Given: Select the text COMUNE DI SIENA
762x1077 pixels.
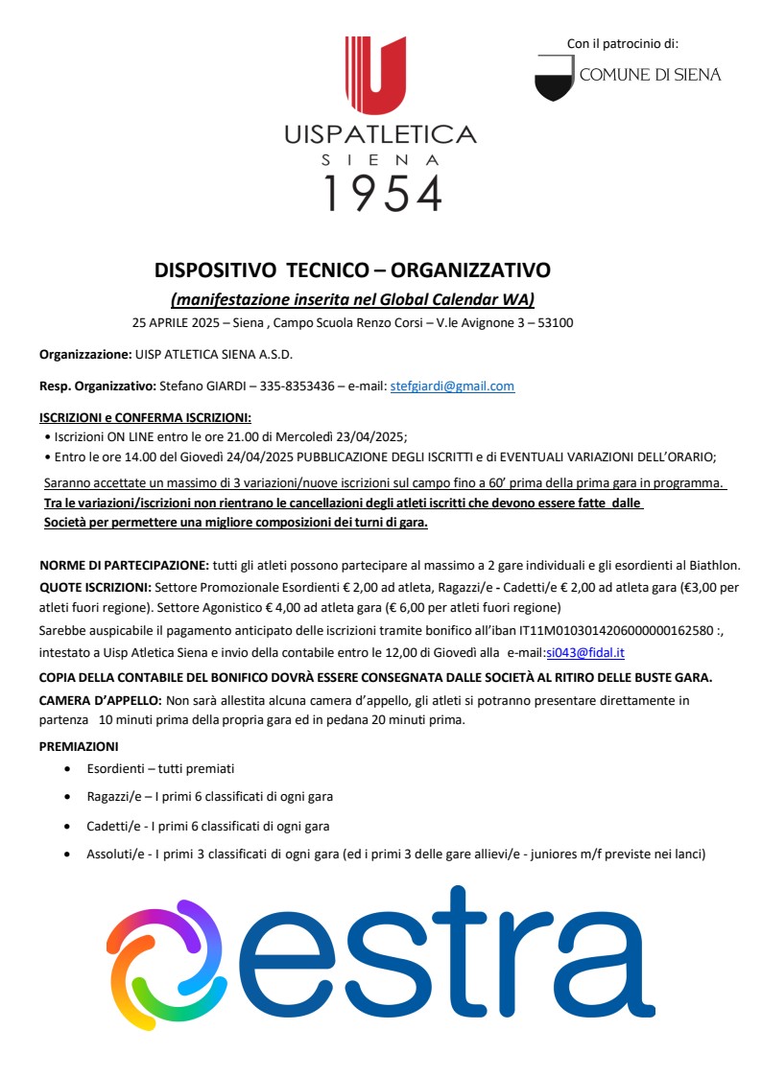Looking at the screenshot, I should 650,75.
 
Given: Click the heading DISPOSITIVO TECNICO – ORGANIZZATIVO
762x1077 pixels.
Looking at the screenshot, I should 353,269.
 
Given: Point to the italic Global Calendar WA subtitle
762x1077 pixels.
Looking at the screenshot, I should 352,298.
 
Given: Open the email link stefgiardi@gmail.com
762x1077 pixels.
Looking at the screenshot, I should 452,386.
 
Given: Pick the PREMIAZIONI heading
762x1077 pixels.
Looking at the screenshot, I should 79,745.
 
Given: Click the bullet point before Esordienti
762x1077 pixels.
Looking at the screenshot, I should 66,769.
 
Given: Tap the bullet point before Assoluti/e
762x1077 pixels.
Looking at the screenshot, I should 66,854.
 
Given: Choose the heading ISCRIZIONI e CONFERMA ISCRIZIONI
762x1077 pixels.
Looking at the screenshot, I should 145,418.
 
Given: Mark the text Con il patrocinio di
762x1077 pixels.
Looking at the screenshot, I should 623,43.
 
